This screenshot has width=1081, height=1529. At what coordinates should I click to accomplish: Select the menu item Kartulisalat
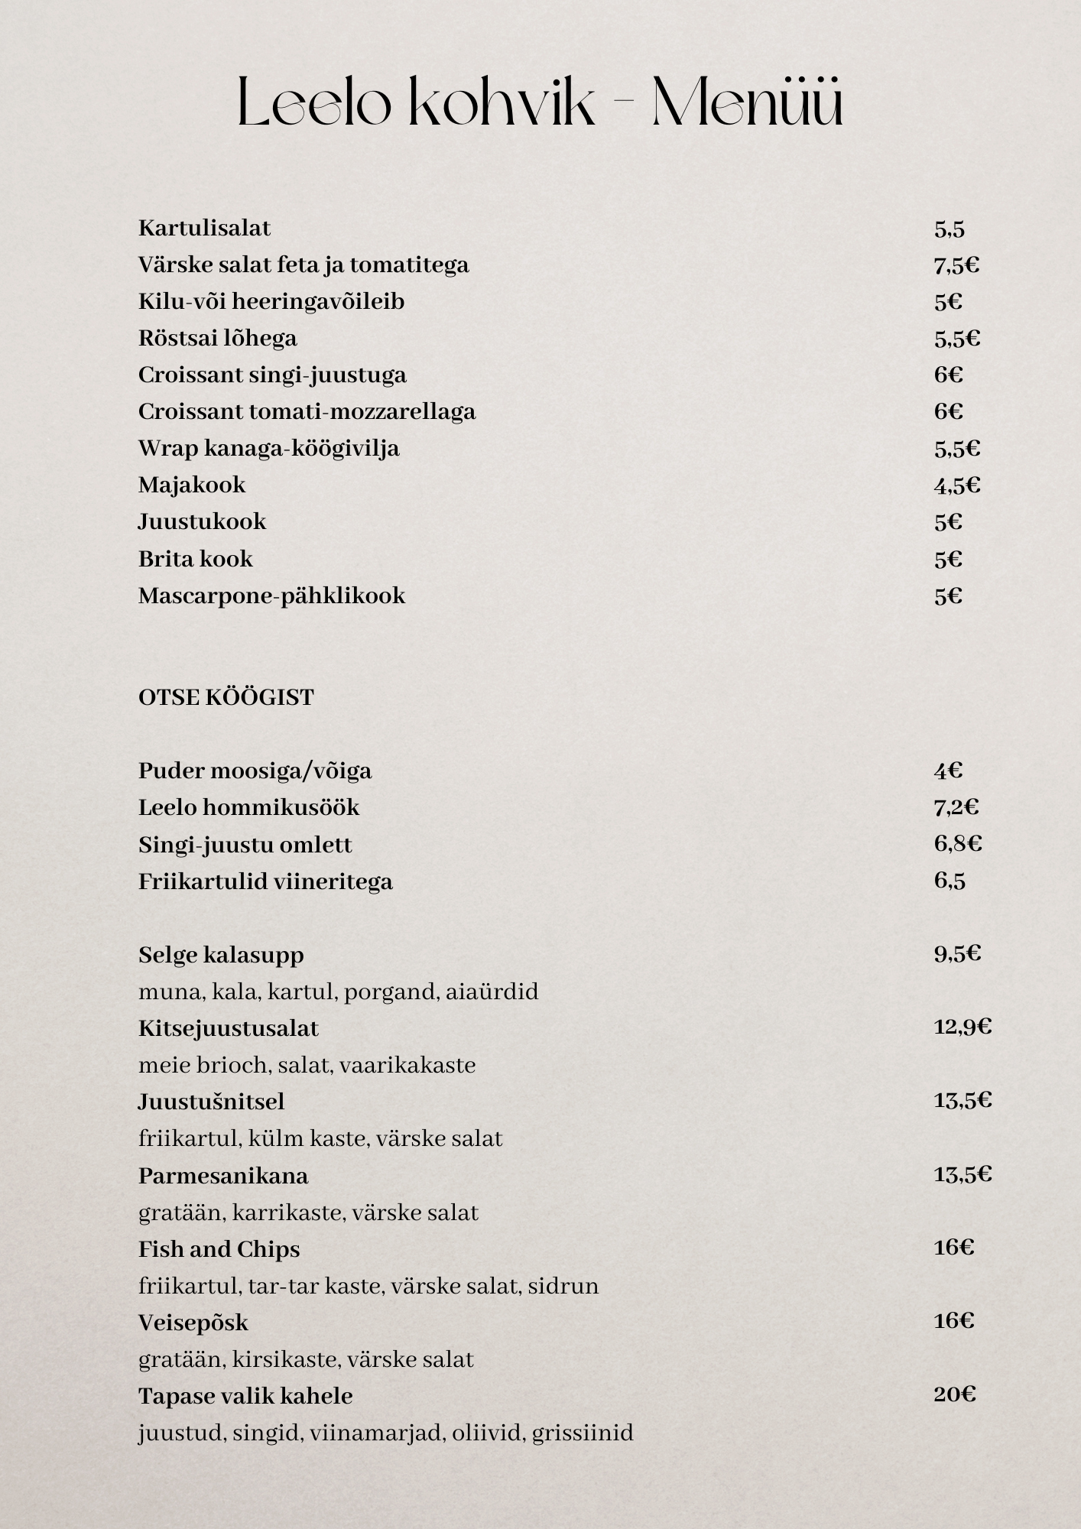[204, 228]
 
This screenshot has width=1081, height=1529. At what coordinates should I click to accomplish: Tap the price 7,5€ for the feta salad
[956, 265]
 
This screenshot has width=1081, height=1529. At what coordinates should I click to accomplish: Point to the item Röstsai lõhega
[217, 338]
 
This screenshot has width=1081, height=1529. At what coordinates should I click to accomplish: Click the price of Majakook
[956, 485]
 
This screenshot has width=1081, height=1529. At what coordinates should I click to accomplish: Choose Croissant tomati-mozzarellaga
[307, 411]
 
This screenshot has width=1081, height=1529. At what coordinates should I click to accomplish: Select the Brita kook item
[195, 559]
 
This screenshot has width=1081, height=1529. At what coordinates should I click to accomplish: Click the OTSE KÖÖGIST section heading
[226, 697]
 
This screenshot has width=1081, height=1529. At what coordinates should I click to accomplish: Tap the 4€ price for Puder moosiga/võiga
[947, 771]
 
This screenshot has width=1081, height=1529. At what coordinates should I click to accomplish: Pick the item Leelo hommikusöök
[248, 807]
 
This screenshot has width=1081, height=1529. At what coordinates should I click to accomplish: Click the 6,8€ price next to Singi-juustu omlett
[957, 843]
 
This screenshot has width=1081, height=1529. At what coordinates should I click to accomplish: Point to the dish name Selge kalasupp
[221, 955]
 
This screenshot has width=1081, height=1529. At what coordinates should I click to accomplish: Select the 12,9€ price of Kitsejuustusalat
[962, 1027]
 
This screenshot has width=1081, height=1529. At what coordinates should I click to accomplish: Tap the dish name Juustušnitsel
[211, 1102]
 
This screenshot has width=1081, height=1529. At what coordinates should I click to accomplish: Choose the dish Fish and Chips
[219, 1249]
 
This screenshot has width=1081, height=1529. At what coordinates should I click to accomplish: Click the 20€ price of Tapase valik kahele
[954, 1394]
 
